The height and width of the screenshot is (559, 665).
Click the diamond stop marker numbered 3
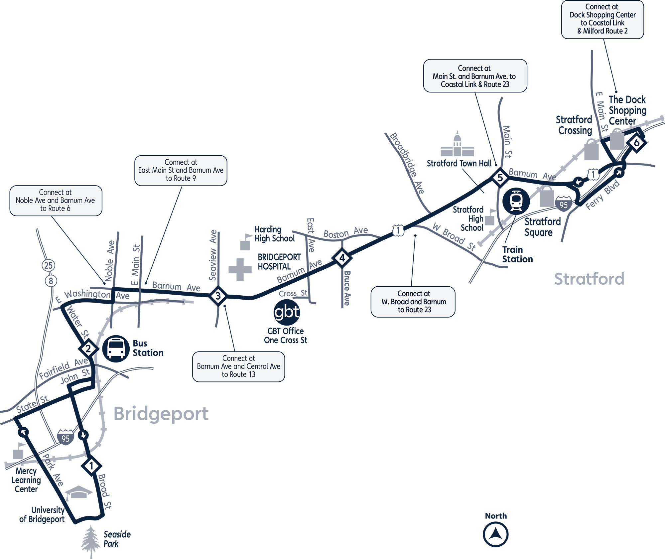[x=218, y=296]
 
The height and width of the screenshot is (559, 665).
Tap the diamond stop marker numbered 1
[x=91, y=466]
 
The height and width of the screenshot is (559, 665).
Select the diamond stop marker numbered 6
[x=636, y=143]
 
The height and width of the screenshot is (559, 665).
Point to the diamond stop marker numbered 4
[x=342, y=258]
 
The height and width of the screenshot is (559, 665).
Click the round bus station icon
[x=116, y=349]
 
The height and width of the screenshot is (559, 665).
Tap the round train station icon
[x=516, y=201]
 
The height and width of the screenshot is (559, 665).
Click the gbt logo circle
[x=287, y=312]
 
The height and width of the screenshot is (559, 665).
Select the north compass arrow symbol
[x=495, y=534]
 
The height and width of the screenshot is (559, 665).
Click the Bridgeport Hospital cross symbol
[x=240, y=270]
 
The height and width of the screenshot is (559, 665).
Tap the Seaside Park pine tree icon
[x=89, y=541]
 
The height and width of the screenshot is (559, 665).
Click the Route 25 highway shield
[x=49, y=265]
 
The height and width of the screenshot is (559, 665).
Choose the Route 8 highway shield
[x=51, y=281]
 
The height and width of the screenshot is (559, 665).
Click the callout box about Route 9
[x=181, y=170]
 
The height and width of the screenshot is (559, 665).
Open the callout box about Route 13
[x=238, y=366]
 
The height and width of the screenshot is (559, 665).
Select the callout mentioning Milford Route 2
[x=602, y=19]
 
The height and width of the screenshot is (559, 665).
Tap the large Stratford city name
[x=589, y=279]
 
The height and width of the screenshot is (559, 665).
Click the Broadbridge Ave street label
[x=407, y=163]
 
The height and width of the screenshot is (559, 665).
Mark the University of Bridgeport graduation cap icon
[x=78, y=492]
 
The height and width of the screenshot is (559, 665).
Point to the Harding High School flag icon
[x=246, y=242]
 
